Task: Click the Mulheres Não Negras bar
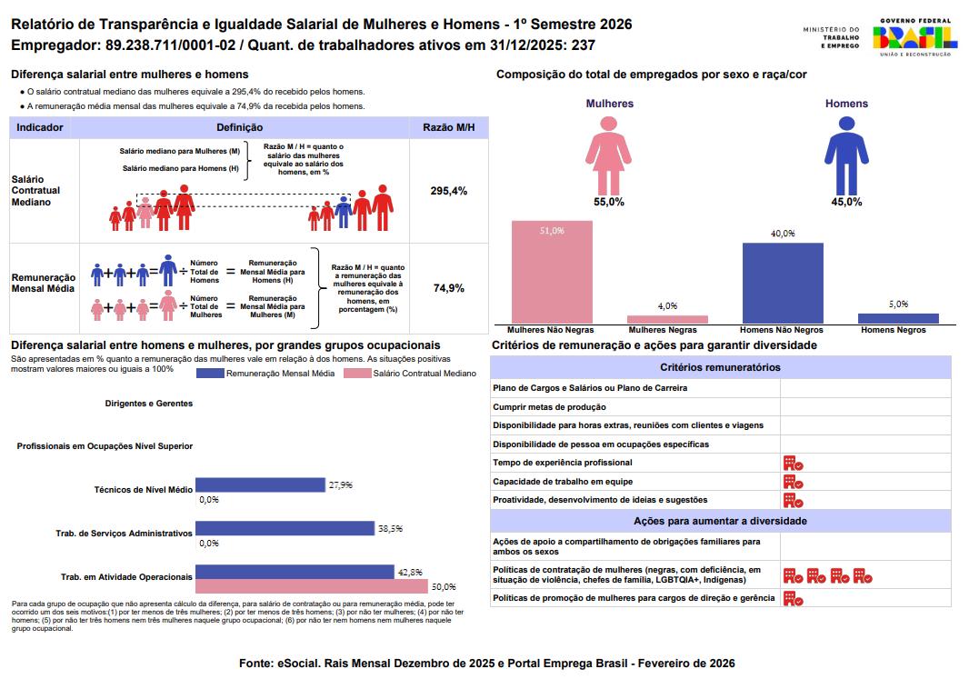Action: pyautogui.click(x=552, y=272)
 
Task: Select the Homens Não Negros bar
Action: pyautogui.click(x=783, y=283)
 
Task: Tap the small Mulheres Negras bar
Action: pyautogui.click(x=667, y=319)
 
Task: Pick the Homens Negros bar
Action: pyautogui.click(x=898, y=318)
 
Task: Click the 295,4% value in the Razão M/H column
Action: pyautogui.click(x=449, y=191)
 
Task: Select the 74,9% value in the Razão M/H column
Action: pyautogui.click(x=449, y=288)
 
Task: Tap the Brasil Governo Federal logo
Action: pyautogui.click(x=914, y=37)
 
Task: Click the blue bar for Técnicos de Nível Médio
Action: pyautogui.click(x=261, y=485)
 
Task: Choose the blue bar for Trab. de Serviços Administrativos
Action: pyautogui.click(x=285, y=528)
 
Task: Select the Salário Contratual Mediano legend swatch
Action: pyautogui.click(x=357, y=374)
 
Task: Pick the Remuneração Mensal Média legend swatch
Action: pyautogui.click(x=209, y=374)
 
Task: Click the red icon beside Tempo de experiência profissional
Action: pyautogui.click(x=793, y=464)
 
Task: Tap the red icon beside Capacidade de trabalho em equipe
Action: pyautogui.click(x=793, y=482)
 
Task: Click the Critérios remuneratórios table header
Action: pyautogui.click(x=720, y=367)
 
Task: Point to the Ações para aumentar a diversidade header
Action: pyautogui.click(x=720, y=522)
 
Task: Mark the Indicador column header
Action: pyautogui.click(x=40, y=128)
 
